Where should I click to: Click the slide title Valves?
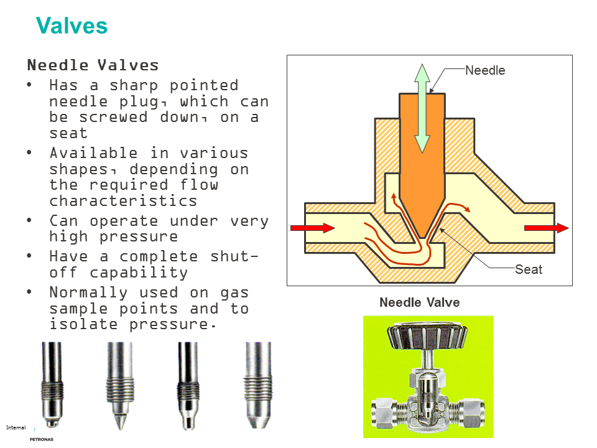click(x=72, y=26)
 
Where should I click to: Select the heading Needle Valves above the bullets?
click(x=93, y=65)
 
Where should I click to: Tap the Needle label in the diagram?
click(x=485, y=70)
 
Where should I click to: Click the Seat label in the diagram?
click(x=529, y=269)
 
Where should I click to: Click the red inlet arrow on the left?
click(x=313, y=228)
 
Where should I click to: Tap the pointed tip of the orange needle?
click(x=422, y=235)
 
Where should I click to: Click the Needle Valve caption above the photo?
click(x=419, y=303)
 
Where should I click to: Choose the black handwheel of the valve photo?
click(x=427, y=337)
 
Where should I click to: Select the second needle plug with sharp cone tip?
click(x=119, y=386)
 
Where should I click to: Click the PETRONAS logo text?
click(x=42, y=439)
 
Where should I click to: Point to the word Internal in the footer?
click(x=16, y=427)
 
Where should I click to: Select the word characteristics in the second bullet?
click(x=123, y=201)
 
